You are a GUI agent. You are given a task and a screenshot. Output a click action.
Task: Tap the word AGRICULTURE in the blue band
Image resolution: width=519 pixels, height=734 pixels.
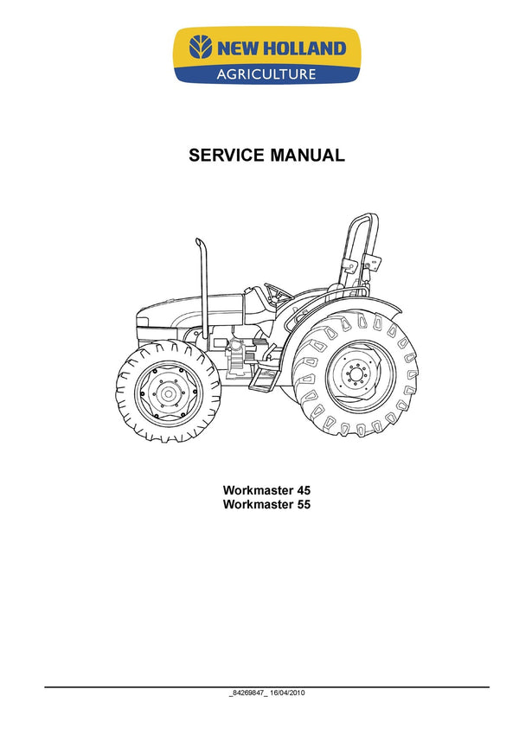click(266, 74)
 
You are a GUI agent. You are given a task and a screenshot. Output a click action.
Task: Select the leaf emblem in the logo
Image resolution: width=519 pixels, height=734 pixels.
click(201, 48)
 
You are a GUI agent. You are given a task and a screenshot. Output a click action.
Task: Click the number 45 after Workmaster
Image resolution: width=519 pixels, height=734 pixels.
click(303, 490)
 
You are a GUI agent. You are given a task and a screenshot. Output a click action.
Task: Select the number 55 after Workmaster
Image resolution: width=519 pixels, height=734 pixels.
click(303, 505)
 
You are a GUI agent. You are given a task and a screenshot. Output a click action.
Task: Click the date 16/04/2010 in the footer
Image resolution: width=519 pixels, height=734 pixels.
click(287, 693)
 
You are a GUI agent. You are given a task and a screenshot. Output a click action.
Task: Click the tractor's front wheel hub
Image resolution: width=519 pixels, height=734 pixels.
click(168, 393)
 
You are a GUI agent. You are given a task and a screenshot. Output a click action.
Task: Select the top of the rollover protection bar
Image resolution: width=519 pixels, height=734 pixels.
click(365, 218)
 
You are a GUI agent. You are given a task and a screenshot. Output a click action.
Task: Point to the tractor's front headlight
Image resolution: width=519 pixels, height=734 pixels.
click(143, 322)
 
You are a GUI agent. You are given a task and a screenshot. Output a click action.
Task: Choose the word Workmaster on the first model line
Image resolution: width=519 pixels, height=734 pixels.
click(258, 490)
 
